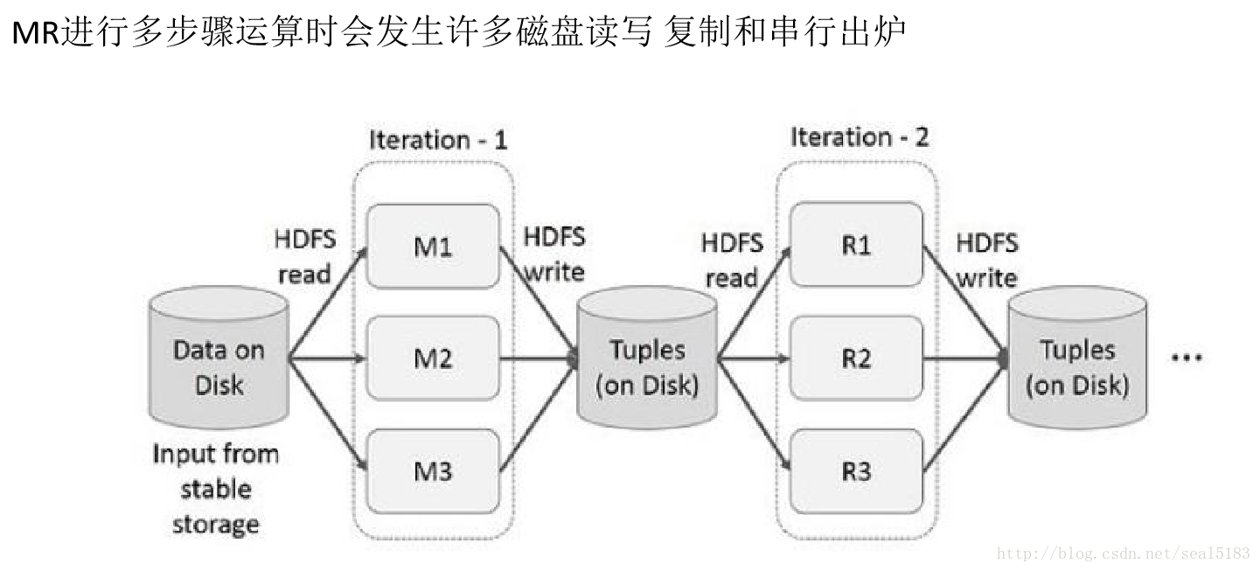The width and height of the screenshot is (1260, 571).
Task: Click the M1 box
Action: [x=433, y=246]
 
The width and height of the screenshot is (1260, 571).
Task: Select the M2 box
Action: [x=433, y=359]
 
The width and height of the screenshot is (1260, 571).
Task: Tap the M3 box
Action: [x=433, y=471]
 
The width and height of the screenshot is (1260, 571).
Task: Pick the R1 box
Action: [x=856, y=246]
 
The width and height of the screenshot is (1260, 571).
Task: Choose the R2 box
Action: [x=856, y=359]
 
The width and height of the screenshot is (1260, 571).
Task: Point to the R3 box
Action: [x=856, y=471]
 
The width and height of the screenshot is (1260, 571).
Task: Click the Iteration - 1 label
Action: [x=437, y=140]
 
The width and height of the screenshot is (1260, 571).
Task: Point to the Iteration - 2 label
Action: [x=860, y=137]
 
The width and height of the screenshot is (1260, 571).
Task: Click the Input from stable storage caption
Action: [x=215, y=489]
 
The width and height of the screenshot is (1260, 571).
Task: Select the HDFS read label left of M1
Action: [x=304, y=256]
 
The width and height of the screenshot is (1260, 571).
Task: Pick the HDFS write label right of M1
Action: [x=553, y=254]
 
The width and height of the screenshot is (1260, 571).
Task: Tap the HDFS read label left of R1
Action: [x=732, y=260]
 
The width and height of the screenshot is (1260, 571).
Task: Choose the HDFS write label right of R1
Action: [x=986, y=260]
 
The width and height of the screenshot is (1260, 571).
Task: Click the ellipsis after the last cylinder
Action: [x=1186, y=358]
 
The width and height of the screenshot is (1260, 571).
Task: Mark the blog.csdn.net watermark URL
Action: [x=1124, y=554]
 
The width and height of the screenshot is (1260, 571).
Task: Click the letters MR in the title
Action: [x=34, y=35]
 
